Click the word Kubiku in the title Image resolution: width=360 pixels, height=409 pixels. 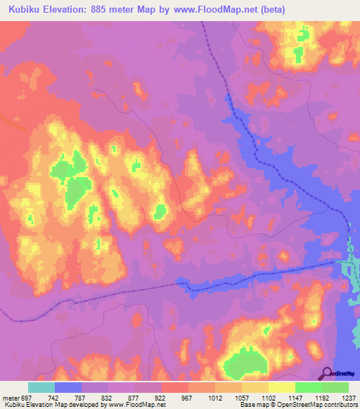(x=27, y=10)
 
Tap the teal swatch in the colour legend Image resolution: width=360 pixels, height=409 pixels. (x=41, y=387)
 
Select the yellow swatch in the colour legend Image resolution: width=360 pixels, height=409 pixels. (x=281, y=387)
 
